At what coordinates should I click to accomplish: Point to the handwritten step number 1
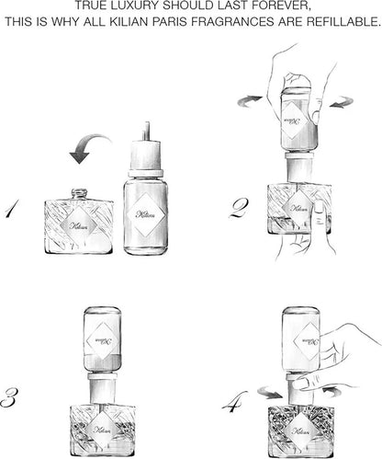(11, 208)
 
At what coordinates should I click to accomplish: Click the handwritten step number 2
(239, 208)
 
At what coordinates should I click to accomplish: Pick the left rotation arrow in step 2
(249, 101)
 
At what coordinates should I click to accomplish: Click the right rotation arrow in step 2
(342, 102)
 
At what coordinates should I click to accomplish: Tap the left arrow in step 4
(269, 393)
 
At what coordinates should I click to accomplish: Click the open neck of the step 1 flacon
(80, 193)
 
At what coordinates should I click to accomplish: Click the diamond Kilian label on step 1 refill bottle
(146, 214)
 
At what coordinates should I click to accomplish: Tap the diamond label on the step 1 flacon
(79, 226)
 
